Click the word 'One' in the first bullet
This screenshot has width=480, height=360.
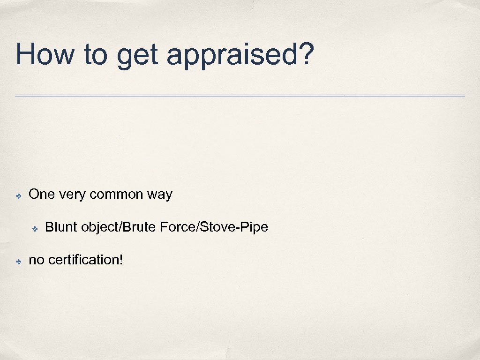(x=42, y=194)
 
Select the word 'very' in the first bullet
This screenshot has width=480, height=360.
(x=72, y=195)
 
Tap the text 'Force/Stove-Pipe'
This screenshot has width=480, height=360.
(x=214, y=227)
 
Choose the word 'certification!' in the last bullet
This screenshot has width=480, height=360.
(x=85, y=260)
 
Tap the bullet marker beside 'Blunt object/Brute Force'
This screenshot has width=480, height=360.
(x=35, y=228)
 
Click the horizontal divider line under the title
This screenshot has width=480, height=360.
(x=240, y=96)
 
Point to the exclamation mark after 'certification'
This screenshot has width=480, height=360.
(x=121, y=259)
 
